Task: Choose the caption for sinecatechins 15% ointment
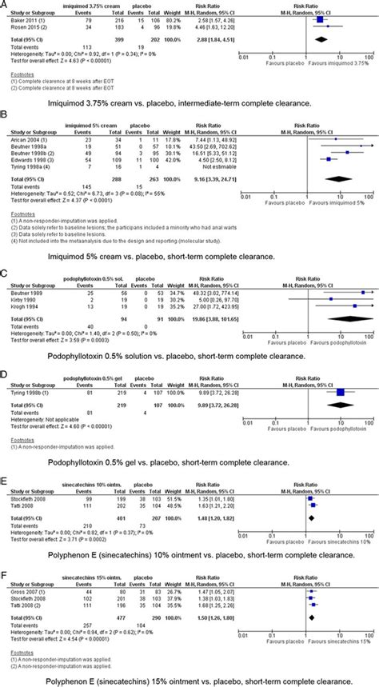(x=189, y=679)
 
